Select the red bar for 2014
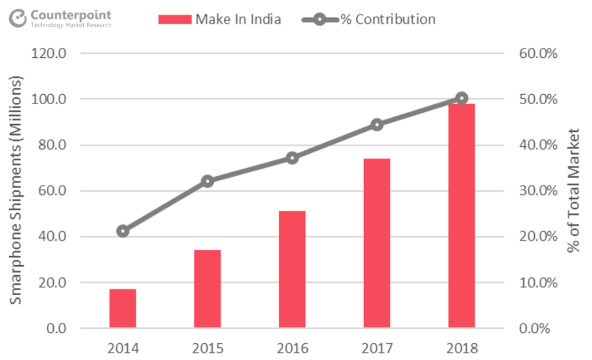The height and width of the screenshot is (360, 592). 123,309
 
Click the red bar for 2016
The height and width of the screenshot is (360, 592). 292,269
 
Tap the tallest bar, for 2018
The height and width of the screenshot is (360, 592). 461,216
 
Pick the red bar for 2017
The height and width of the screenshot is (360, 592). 377,243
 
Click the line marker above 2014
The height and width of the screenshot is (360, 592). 123,231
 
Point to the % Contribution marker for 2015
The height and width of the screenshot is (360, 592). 208,181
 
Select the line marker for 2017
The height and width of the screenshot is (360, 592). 377,125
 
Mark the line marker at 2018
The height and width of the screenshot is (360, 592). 461,98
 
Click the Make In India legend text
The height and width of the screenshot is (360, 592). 238,19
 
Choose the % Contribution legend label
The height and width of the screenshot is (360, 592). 387,19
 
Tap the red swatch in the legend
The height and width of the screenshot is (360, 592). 175,19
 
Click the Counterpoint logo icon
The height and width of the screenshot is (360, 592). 18,18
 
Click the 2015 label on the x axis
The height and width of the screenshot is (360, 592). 208,348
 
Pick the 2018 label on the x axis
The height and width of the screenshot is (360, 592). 461,348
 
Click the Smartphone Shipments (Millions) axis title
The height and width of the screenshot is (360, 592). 16,191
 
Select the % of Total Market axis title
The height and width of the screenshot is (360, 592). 573,191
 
